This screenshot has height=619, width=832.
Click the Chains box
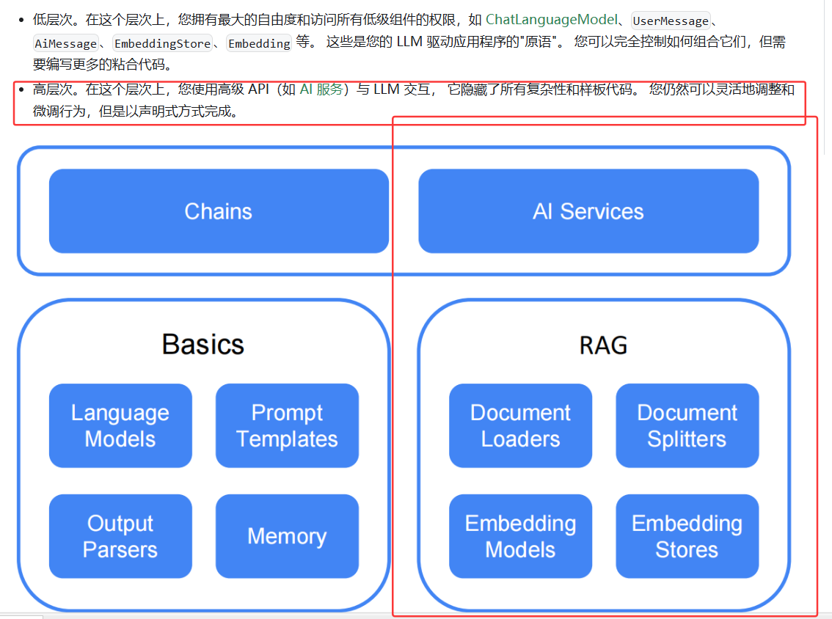[x=219, y=211]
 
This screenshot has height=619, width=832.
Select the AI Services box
[x=588, y=211]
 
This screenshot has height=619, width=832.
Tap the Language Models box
[x=120, y=425]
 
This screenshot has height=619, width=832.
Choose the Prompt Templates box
[x=287, y=425]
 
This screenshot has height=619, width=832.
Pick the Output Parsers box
[x=120, y=536]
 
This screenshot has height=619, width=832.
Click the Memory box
[x=287, y=536]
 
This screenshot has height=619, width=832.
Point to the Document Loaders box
[x=520, y=425]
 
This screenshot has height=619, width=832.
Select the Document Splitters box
[x=687, y=425]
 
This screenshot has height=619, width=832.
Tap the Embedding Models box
[x=520, y=536]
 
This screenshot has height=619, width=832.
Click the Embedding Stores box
[x=687, y=536]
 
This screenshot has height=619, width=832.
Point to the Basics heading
[x=202, y=344]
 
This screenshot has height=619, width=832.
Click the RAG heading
[x=603, y=345]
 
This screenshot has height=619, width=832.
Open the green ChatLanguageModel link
[x=551, y=20]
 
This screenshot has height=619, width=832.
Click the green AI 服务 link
[x=321, y=90]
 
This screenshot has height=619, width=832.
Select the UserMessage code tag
[x=671, y=21]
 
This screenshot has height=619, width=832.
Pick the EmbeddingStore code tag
[x=162, y=44]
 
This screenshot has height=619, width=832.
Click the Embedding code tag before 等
[x=259, y=44]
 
